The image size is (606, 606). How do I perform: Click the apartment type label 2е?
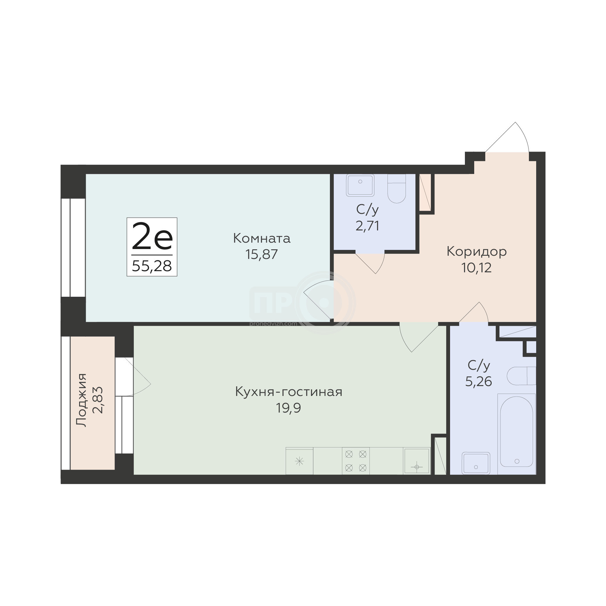coord(152,236)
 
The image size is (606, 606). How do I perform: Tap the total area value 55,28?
coord(152,266)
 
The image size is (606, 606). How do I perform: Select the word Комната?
coord(262,238)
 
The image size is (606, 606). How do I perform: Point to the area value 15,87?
coord(262,254)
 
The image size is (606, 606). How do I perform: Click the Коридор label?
coord(477,251)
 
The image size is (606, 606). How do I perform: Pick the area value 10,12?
coord(477,268)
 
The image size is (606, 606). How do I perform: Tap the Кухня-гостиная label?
coord(289,392)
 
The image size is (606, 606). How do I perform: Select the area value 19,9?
coord(289,408)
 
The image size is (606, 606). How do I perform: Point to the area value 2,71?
coord(367,225)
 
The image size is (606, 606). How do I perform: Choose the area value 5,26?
coord(479,381)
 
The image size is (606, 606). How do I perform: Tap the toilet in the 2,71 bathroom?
coord(397,189)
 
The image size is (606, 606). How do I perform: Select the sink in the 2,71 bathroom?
coord(360,185)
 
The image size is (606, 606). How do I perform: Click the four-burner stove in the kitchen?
coord(356,461)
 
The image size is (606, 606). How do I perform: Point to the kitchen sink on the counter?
coord(417,461)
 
